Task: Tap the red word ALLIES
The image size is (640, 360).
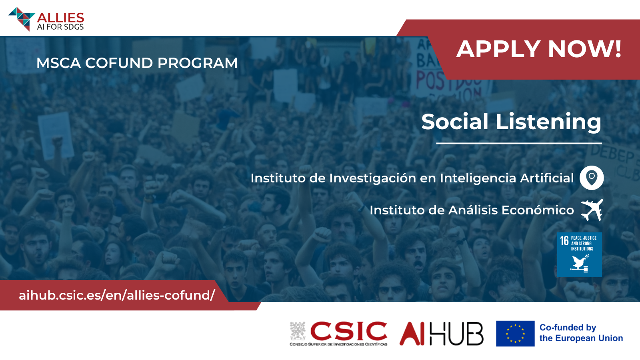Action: (60, 18)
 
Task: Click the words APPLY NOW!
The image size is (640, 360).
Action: (539, 49)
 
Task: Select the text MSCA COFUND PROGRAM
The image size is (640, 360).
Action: (137, 63)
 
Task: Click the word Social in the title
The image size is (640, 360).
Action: (454, 122)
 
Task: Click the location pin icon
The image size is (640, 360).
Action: (592, 178)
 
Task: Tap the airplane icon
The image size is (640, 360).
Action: (592, 210)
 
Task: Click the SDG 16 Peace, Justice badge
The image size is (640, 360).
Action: (580, 254)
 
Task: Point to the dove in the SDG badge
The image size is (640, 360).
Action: (580, 262)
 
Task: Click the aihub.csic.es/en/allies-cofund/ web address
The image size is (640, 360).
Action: (117, 295)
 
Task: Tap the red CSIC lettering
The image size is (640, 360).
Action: (348, 331)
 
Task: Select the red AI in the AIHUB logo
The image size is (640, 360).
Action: (412, 334)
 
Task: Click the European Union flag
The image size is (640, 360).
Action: (515, 334)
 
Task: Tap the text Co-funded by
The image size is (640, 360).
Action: (568, 328)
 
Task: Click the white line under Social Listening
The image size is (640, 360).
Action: (519, 143)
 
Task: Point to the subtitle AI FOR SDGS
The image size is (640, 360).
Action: (60, 27)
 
